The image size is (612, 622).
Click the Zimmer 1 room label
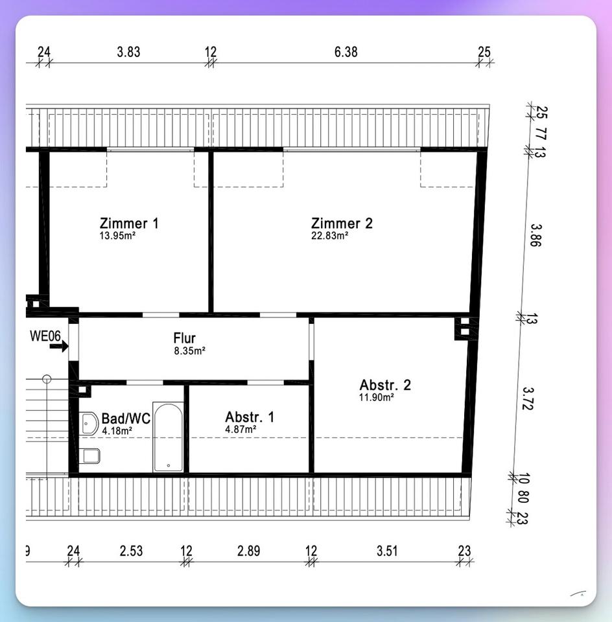[129, 224]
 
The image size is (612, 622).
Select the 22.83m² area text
[329, 236]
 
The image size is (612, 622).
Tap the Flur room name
[185, 338]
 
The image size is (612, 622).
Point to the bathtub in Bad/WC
[169, 437]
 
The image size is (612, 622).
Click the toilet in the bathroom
[89, 456]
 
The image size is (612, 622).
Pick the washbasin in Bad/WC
[89, 424]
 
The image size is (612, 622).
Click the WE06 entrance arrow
[59, 346]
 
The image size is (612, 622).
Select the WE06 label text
[45, 336]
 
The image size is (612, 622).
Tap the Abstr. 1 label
[249, 417]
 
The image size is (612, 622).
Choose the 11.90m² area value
[376, 397]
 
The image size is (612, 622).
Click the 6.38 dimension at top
[346, 52]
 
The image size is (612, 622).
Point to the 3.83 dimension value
[128, 52]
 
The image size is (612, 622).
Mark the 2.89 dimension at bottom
[248, 551]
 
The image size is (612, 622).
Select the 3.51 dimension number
[387, 551]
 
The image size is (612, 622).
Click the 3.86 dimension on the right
[535, 235]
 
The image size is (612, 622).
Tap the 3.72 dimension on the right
[528, 398]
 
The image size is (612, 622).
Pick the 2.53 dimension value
[131, 551]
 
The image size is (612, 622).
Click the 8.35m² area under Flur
[189, 351]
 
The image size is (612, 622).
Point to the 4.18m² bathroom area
[117, 430]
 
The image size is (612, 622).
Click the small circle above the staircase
[47, 379]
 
